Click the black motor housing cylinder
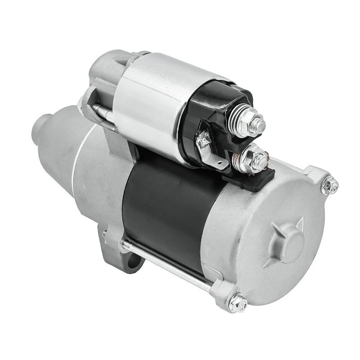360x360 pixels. coord(166,211)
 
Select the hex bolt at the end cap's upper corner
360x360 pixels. coord(330,185)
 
